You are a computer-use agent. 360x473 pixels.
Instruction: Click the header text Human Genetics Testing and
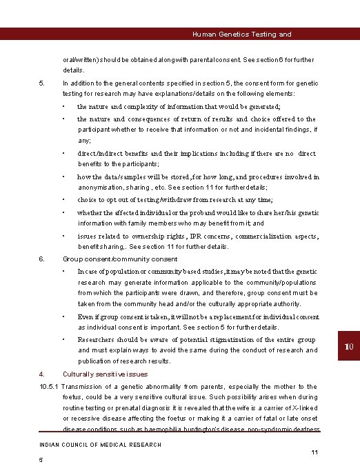click(x=241, y=34)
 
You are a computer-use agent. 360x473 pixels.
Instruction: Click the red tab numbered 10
click(x=348, y=345)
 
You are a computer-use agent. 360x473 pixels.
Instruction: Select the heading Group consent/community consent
click(x=110, y=259)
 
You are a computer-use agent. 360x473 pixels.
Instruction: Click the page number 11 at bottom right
click(x=314, y=452)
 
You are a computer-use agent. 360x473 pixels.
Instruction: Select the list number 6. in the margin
click(x=41, y=259)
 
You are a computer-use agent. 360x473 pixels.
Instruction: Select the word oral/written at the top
click(x=77, y=59)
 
